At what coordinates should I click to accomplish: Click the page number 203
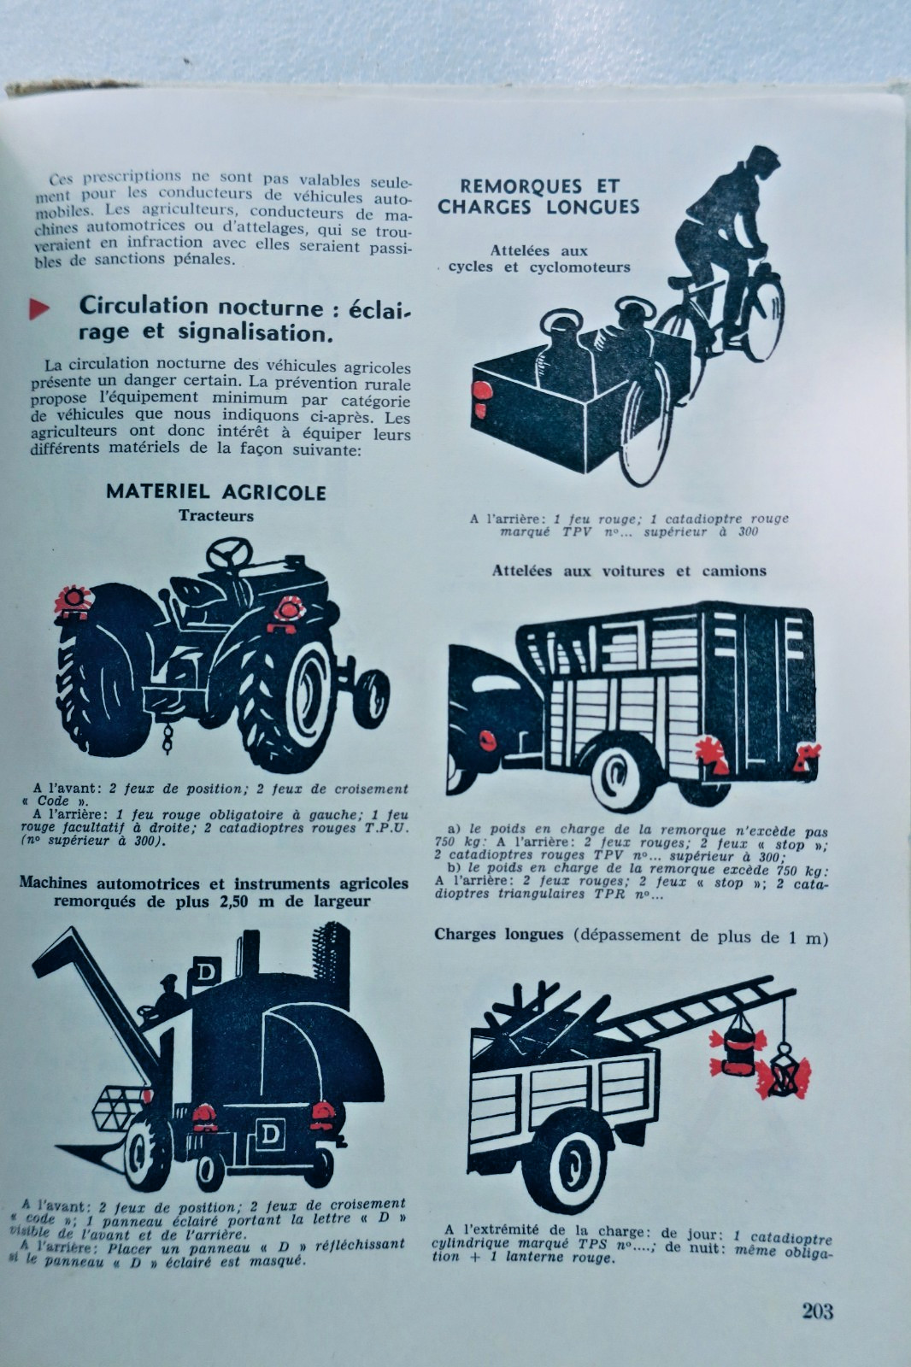(818, 1311)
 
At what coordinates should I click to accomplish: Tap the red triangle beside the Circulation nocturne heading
(38, 308)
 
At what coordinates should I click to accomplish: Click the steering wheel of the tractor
(229, 553)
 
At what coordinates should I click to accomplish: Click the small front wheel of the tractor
(371, 696)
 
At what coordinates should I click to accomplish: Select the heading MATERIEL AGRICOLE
(216, 492)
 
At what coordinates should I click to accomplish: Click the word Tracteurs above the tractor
(216, 516)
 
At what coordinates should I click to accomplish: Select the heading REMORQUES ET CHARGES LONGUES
(538, 197)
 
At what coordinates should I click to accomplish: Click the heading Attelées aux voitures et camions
(629, 572)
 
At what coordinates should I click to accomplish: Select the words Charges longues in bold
(499, 935)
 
